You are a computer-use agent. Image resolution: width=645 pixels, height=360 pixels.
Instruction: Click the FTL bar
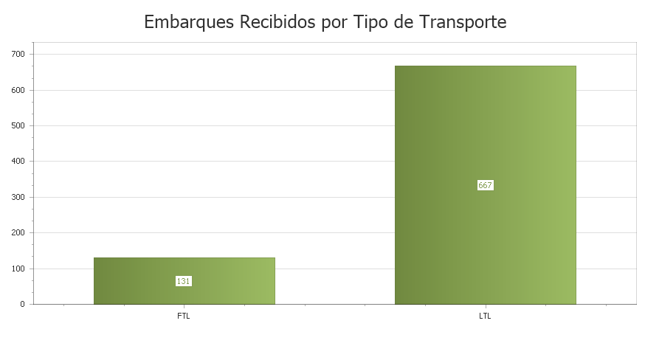tap(184, 280)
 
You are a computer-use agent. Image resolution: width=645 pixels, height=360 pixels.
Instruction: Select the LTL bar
tap(485, 184)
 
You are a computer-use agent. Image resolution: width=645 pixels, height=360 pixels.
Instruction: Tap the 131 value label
tap(184, 281)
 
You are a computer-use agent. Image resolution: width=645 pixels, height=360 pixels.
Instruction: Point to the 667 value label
tap(485, 185)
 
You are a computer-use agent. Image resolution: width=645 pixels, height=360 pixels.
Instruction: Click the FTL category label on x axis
tap(184, 316)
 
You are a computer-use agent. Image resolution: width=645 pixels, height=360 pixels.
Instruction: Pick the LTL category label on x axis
tap(485, 316)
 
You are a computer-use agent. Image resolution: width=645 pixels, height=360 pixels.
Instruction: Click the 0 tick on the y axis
tap(22, 304)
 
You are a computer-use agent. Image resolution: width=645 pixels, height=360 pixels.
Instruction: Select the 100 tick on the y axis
tap(18, 269)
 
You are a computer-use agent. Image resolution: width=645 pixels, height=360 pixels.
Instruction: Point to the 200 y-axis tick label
tap(18, 232)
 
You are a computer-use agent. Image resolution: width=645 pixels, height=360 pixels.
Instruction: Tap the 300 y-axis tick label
tap(18, 197)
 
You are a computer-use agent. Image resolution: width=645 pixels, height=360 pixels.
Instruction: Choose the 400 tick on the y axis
tap(18, 161)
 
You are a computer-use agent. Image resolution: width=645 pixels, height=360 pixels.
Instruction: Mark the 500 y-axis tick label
tap(18, 125)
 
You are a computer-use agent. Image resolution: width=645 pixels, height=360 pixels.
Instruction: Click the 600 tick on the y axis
tap(18, 90)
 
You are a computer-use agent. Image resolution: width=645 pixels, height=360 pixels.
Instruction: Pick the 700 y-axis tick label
tap(18, 54)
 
